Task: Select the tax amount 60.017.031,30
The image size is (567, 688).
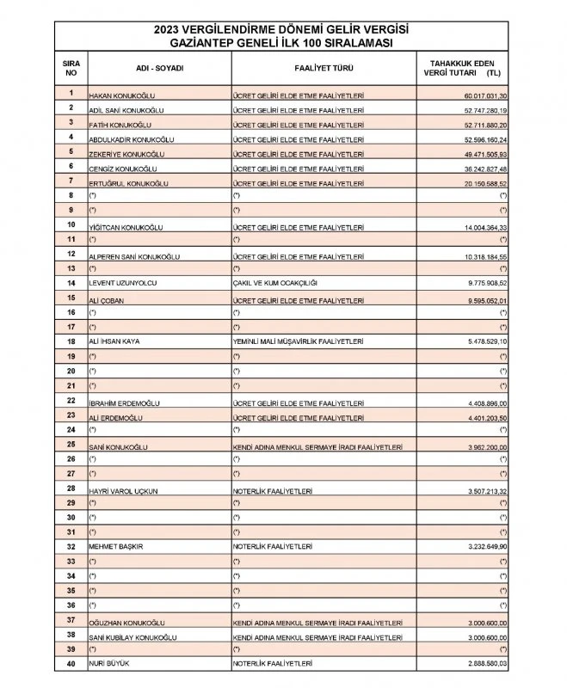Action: click(x=486, y=95)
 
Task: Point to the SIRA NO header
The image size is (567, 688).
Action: click(x=71, y=68)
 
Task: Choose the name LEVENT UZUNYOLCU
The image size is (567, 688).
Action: click(x=122, y=282)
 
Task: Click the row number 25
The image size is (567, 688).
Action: click(x=71, y=445)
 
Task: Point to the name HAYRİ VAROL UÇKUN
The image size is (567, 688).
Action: click(x=122, y=490)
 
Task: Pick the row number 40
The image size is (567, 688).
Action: click(x=71, y=664)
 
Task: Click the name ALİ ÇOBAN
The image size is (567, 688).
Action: click(x=108, y=301)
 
